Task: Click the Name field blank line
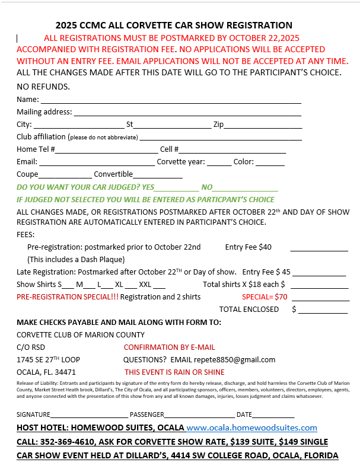pos(171,100)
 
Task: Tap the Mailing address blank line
pos(187,112)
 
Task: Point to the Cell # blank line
pos(232,150)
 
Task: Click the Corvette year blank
pos(219,162)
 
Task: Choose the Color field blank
pos(270,162)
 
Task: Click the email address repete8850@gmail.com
pos(240,360)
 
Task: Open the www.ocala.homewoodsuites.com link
pos(251,428)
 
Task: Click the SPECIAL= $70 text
pos(265,297)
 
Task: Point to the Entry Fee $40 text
pos(249,247)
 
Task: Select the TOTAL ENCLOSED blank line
pos(323,310)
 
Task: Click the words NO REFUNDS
pos(43,87)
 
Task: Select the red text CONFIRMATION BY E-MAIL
pos(169,347)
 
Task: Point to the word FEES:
pos(26,234)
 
